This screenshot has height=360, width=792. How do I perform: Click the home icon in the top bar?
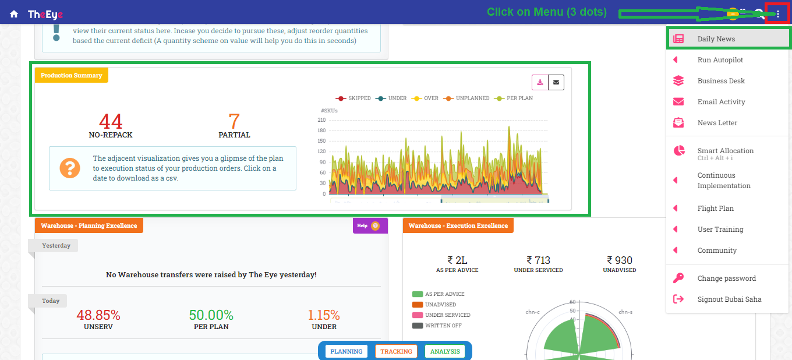[14, 14]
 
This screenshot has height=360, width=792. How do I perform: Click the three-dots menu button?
[778, 14]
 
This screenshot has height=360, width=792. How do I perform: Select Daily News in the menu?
[716, 39]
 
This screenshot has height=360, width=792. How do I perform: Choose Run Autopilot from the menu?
[720, 60]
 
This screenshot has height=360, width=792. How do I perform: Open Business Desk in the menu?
[721, 81]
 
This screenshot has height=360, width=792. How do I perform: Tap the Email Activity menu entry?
[721, 102]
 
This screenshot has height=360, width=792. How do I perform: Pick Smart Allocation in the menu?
[725, 151]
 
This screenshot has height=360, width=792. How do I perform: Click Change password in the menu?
[726, 278]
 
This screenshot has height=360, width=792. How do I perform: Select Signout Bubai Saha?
[729, 299]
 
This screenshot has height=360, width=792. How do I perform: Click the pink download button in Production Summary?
[540, 83]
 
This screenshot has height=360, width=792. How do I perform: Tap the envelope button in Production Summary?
[556, 83]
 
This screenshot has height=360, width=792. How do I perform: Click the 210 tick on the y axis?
[321, 120]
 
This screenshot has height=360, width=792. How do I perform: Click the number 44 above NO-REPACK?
[111, 121]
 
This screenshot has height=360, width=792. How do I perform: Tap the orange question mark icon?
[70, 168]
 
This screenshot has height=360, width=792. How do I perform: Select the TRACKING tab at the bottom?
[396, 351]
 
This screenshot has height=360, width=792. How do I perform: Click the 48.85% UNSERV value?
[98, 315]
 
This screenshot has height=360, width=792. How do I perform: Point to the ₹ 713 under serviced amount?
[538, 260]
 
